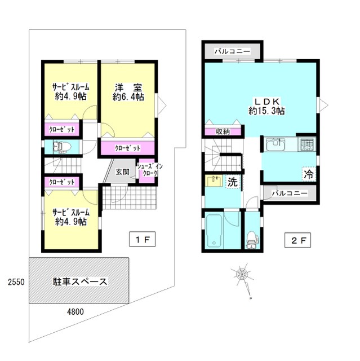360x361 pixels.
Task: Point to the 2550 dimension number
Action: [x=14, y=281]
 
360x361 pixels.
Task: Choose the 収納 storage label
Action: [x=223, y=131]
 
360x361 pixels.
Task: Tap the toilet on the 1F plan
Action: [x=60, y=147]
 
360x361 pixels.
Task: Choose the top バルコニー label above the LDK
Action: [x=232, y=51]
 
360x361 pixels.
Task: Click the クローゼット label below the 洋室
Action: [x=127, y=148]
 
